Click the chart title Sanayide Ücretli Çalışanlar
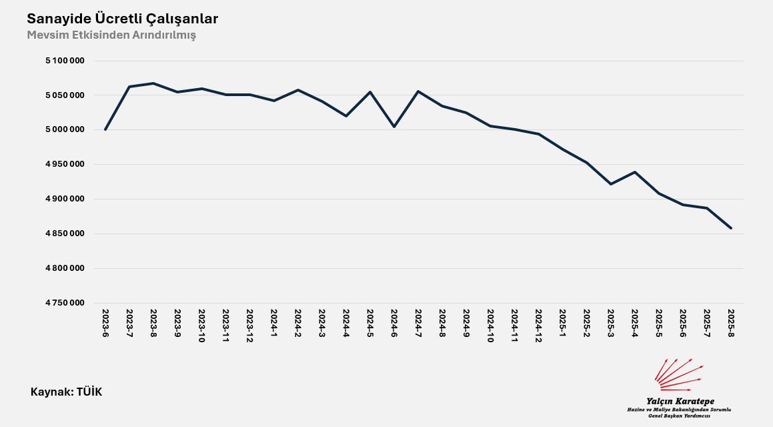[x=122, y=19]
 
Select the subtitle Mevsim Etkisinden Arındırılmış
[x=111, y=35]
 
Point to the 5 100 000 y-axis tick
[x=65, y=61]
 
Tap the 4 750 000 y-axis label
[x=65, y=303]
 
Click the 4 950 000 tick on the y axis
[x=65, y=164]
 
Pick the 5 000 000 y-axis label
[x=65, y=129]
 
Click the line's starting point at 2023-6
[x=105, y=129]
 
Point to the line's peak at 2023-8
[x=153, y=83]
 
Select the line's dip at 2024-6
[x=394, y=126]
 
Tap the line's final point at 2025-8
[x=731, y=228]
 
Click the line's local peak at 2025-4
[x=635, y=172]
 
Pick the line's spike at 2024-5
[x=370, y=92]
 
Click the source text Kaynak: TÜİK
[x=67, y=392]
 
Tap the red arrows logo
[x=679, y=375]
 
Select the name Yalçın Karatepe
[x=680, y=400]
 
